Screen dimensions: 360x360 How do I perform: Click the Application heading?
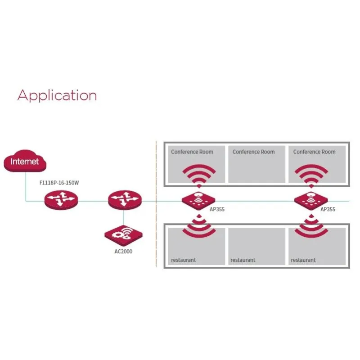coord(57,95)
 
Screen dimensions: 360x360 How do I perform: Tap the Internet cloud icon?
coord(25,162)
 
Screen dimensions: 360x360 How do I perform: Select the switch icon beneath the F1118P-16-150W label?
coord(61,199)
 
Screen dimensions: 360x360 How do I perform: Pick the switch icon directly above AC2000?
coord(125,199)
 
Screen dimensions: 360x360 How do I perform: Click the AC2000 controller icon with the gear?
coord(124,234)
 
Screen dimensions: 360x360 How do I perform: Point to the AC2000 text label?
coord(123,252)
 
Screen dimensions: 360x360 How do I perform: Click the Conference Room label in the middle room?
coord(253,152)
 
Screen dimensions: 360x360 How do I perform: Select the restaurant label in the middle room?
coord(243,260)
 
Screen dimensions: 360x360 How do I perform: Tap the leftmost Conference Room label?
coord(192,152)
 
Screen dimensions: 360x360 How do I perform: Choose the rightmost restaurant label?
coord(303,260)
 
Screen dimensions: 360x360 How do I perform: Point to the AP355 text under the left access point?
coord(217,210)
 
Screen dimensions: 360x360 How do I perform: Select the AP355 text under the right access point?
coord(328,210)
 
